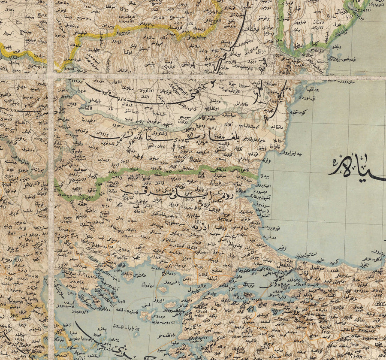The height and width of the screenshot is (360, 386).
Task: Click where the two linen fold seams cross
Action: tap(51, 77)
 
